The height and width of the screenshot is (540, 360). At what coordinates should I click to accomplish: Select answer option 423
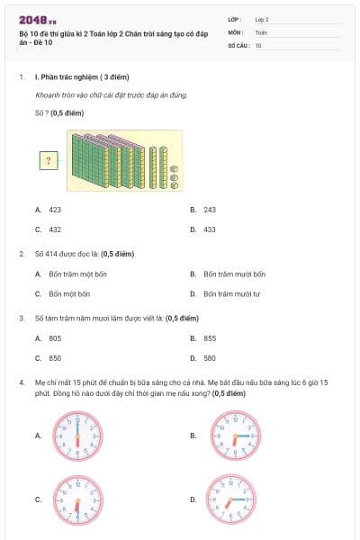coord(55,209)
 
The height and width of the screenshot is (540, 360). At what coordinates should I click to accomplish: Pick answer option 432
coord(55,229)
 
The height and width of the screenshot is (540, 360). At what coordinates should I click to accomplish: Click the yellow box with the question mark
coord(49,160)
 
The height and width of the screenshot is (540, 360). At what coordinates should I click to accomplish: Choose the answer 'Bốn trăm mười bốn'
coord(234,274)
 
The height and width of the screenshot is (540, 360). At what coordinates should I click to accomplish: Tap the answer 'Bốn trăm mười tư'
coord(231,293)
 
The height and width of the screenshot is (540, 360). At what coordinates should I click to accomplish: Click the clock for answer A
coord(78,436)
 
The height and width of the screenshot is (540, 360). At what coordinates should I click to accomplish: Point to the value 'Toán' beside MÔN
coord(261,31)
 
